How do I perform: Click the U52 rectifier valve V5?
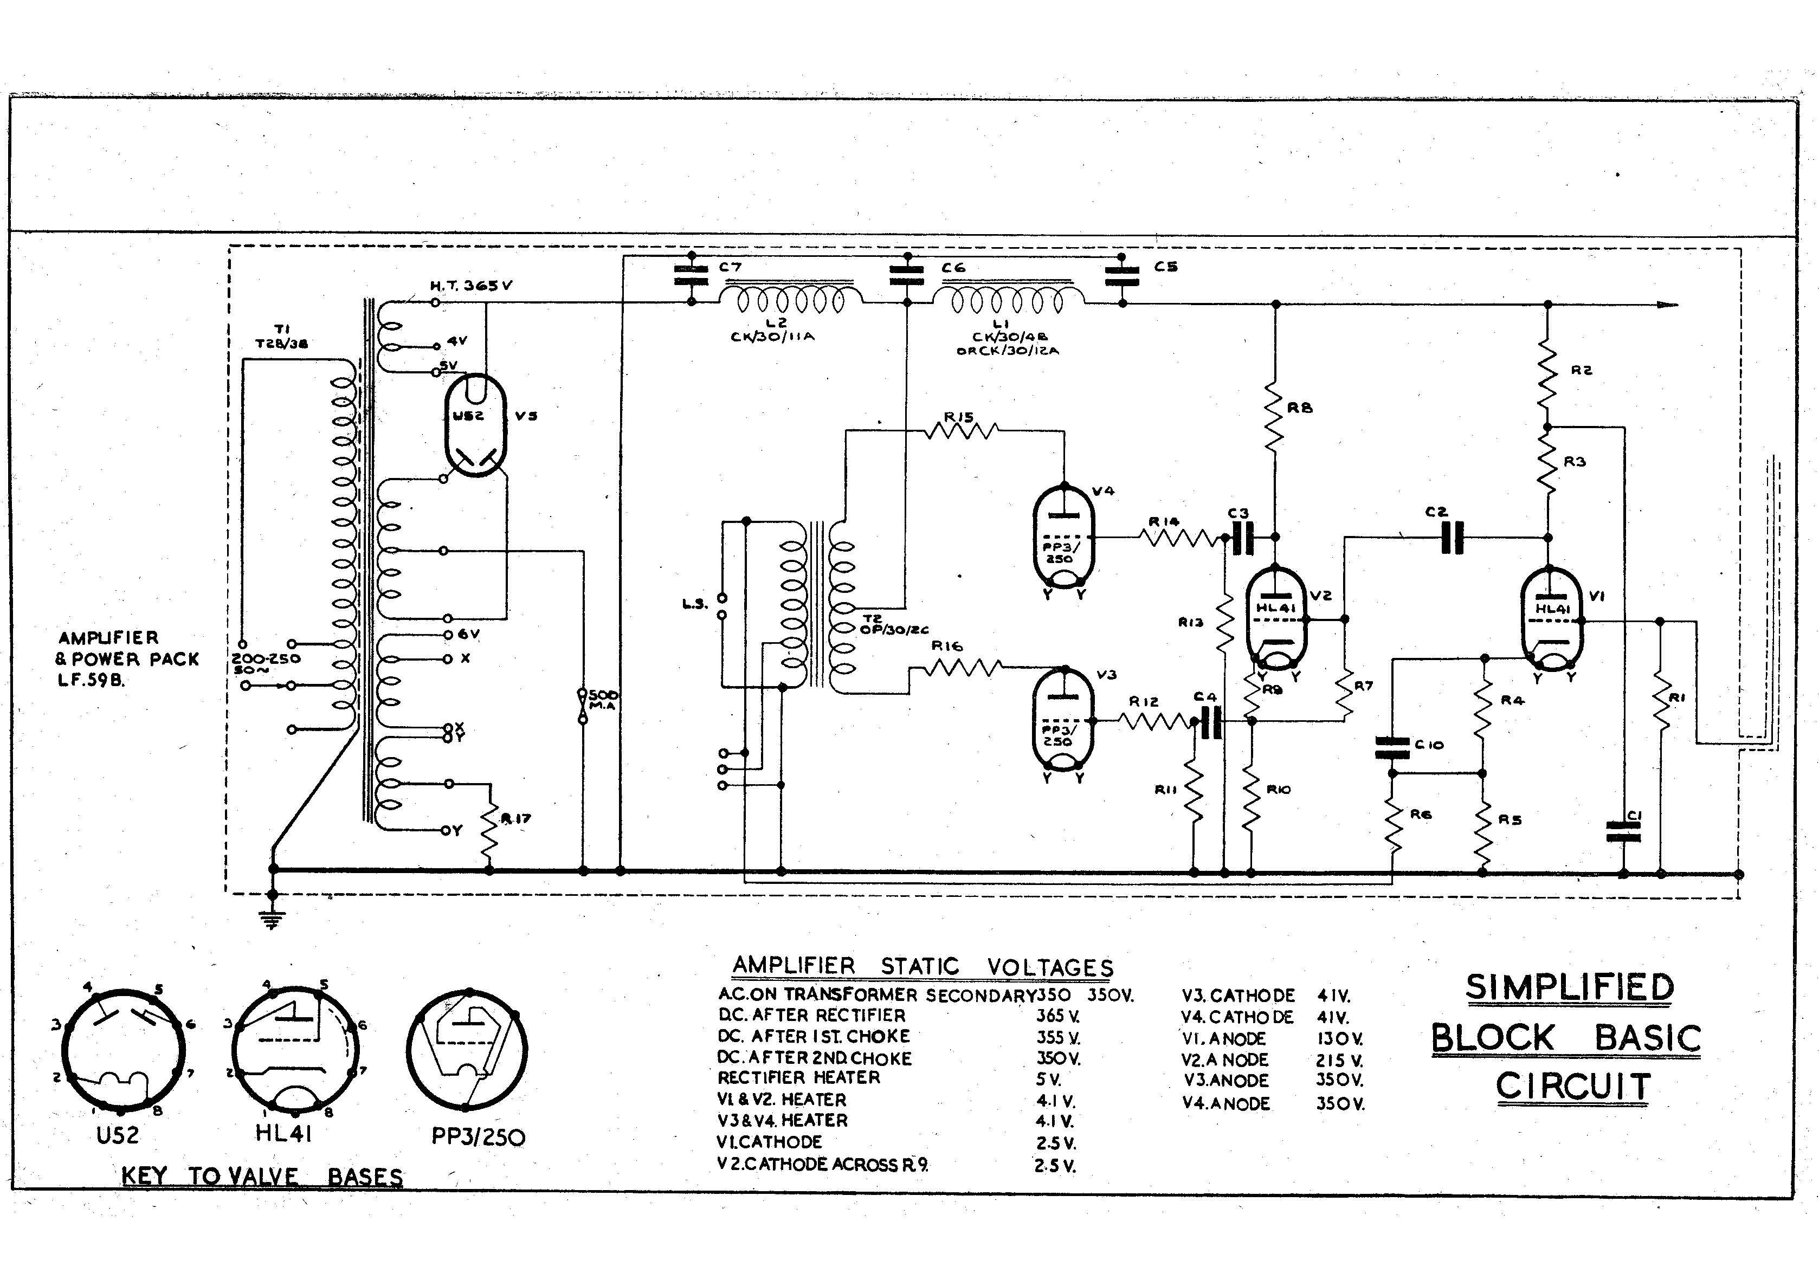[x=475, y=425]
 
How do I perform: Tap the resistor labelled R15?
[x=960, y=430]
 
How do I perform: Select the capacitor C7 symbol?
[x=691, y=276]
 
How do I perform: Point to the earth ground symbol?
[x=273, y=919]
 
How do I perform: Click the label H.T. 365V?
[x=470, y=285]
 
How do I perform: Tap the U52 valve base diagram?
[x=123, y=1050]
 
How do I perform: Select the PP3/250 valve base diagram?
[x=467, y=1050]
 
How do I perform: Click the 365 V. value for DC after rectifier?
[x=1057, y=1016]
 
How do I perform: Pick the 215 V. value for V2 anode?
[x=1338, y=1060]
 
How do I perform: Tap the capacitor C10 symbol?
[x=1392, y=746]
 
